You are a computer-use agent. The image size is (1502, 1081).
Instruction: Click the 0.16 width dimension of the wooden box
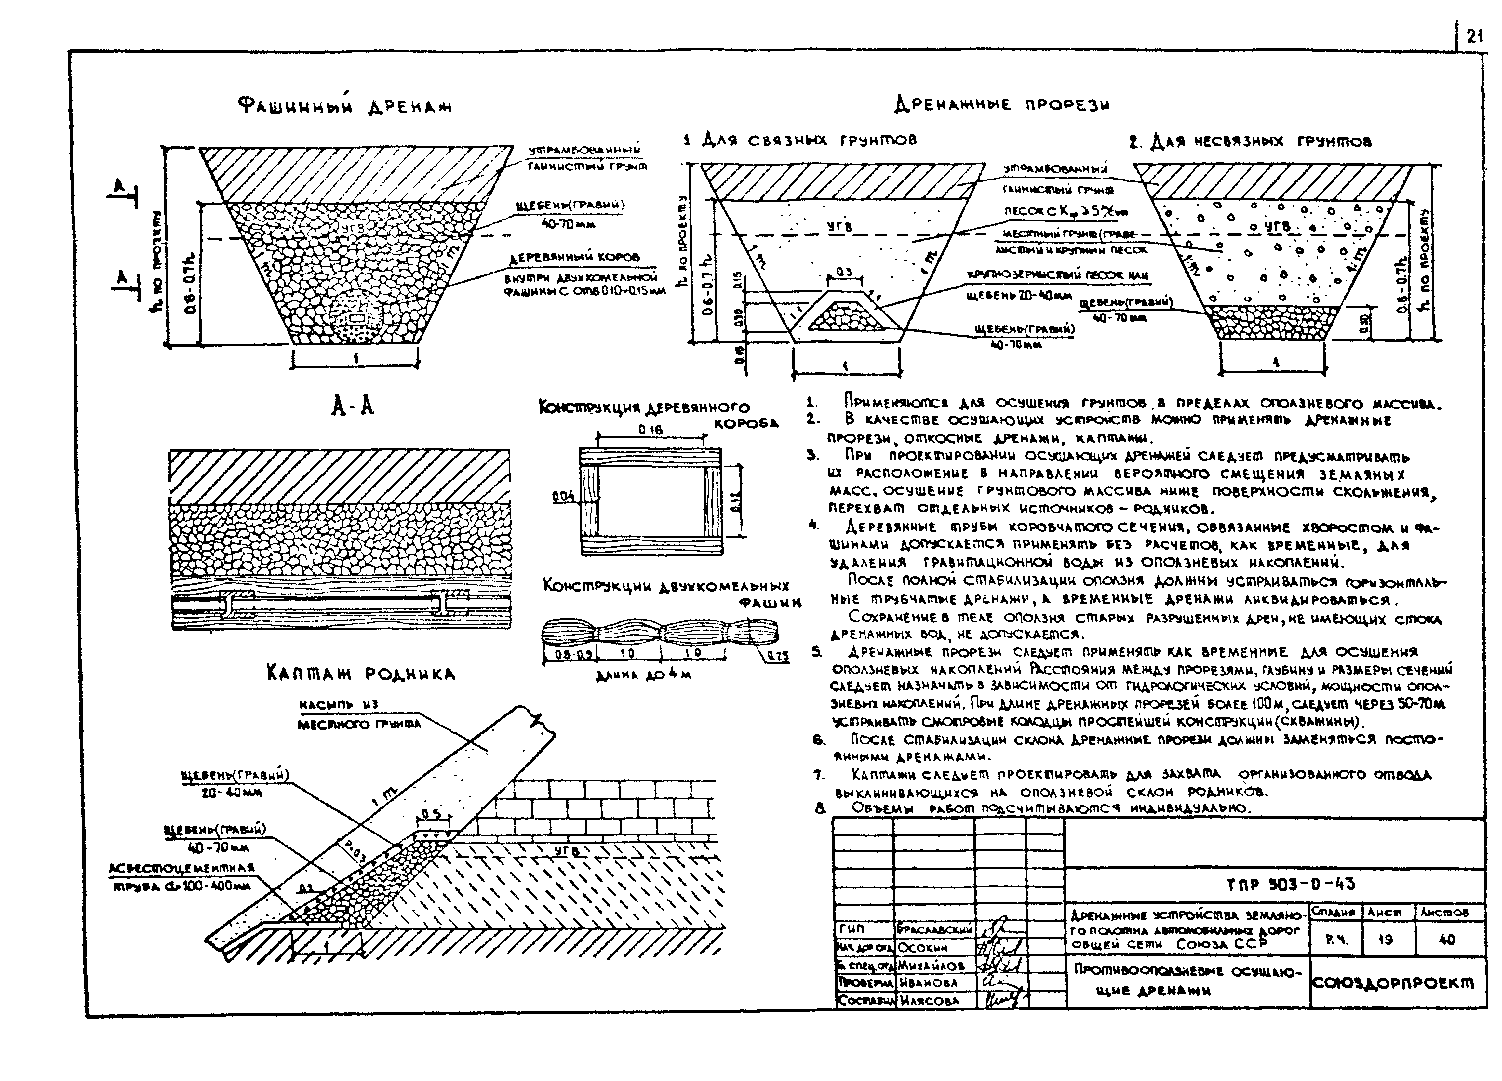(x=650, y=430)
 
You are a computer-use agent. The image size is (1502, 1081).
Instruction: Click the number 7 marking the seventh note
(x=819, y=775)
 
